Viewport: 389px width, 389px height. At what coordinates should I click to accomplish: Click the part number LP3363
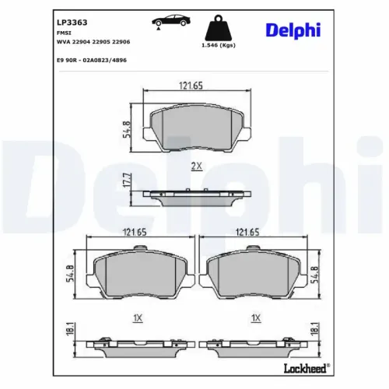tap(72, 23)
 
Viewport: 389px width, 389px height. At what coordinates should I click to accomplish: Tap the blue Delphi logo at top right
tap(293, 30)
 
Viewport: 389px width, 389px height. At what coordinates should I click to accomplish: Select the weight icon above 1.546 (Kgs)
tap(219, 27)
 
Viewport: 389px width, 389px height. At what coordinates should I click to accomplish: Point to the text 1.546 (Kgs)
tap(219, 45)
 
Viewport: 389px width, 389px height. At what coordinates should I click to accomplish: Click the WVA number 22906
tap(121, 42)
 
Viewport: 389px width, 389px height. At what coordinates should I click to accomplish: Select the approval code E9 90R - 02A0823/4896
tap(92, 61)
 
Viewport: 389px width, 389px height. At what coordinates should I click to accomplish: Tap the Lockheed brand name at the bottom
tap(305, 368)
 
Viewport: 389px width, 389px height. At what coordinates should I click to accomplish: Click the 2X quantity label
tap(197, 166)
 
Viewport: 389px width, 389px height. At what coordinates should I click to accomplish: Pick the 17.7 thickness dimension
tap(127, 180)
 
